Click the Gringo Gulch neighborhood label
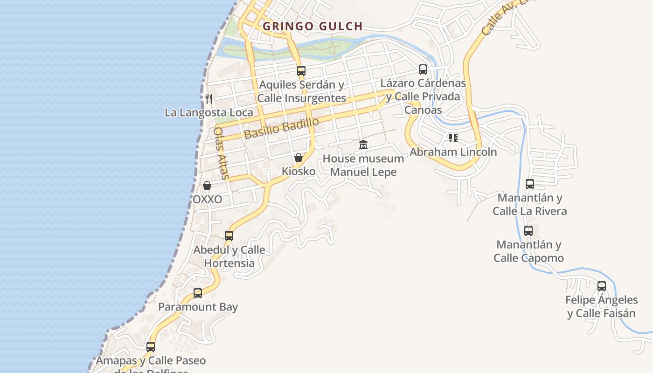click(x=313, y=26)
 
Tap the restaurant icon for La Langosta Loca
click(x=209, y=98)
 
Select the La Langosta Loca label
click(x=209, y=112)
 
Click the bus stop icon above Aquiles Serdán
click(x=301, y=71)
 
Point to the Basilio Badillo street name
click(x=281, y=127)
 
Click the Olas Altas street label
click(x=221, y=153)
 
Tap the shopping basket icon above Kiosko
click(x=299, y=158)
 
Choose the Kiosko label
click(x=299, y=171)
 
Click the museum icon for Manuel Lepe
click(x=363, y=145)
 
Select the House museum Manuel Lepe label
click(x=363, y=165)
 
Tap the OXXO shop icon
click(x=207, y=186)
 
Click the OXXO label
click(x=207, y=199)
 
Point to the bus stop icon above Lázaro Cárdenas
click(x=423, y=69)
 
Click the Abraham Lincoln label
click(x=453, y=152)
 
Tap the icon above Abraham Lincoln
click(x=453, y=138)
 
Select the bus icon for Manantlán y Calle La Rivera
click(x=530, y=184)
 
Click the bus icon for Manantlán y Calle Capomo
click(x=528, y=231)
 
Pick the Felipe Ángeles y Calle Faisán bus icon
click(x=602, y=286)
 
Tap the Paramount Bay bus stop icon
click(x=198, y=293)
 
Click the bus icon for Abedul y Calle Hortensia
click(x=229, y=236)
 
